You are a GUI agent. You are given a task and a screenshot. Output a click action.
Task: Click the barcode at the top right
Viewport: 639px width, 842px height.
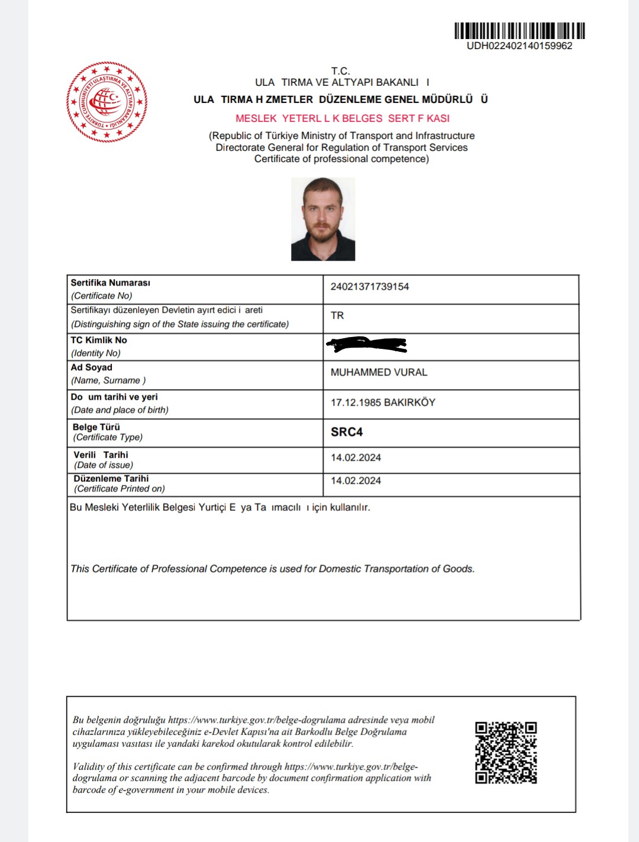point(519,31)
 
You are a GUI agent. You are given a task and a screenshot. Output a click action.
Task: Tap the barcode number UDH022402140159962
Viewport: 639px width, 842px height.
point(519,46)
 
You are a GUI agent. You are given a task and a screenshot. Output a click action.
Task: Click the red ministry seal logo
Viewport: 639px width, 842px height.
point(106,102)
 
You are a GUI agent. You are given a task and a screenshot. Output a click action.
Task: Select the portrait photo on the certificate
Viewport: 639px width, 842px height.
point(323,219)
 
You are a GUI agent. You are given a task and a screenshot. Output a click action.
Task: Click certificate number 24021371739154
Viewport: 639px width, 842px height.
point(370,287)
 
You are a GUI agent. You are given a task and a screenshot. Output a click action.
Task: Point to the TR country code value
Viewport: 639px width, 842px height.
point(337,316)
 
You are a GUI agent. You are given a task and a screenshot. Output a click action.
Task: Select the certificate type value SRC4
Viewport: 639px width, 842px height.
point(347,432)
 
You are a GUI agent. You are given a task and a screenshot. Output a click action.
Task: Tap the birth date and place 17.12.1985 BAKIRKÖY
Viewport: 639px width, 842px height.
point(383,403)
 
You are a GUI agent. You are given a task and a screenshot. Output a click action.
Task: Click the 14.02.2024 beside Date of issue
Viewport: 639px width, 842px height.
point(356,458)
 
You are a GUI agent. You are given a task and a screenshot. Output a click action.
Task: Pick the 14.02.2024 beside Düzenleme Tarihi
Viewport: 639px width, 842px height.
point(356,481)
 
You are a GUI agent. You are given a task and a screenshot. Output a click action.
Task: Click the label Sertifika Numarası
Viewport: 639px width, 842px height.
point(111,283)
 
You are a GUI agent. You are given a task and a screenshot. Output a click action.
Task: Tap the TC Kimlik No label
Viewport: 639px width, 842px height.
point(99,340)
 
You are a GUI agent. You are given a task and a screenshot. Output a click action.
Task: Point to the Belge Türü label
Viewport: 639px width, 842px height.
point(96,427)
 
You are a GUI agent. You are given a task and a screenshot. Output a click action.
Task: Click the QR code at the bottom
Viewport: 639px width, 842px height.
point(506,752)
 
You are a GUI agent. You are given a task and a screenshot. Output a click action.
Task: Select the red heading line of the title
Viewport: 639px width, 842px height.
point(343,118)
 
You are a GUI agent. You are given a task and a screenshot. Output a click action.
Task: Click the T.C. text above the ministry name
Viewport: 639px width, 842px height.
point(340,71)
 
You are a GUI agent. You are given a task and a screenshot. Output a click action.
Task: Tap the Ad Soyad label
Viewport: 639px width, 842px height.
point(92,367)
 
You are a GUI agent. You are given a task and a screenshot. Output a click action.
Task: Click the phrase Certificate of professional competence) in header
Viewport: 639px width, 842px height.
point(341,159)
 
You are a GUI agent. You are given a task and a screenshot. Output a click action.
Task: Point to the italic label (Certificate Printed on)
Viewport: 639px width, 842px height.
point(120,489)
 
